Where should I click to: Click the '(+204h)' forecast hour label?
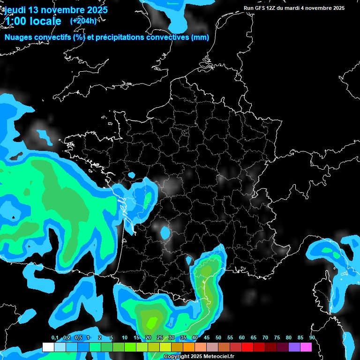point(83,21)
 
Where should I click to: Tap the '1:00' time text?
point(15,21)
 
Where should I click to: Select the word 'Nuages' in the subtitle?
point(18,37)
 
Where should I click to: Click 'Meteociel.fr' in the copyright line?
point(225,357)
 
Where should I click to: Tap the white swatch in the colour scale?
point(48,347)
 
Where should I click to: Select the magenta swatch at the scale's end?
point(306,347)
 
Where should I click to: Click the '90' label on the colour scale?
point(312,338)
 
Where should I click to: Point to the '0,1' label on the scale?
point(55,338)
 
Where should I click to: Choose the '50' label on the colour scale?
point(218,338)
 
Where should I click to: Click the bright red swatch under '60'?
point(247,347)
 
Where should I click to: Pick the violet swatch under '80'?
point(294,347)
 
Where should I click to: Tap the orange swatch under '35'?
point(189,347)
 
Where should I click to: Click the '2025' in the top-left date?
point(96,10)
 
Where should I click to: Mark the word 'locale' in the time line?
point(44,21)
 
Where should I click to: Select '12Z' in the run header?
point(275,8)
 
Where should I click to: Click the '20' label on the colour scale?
point(148,338)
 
